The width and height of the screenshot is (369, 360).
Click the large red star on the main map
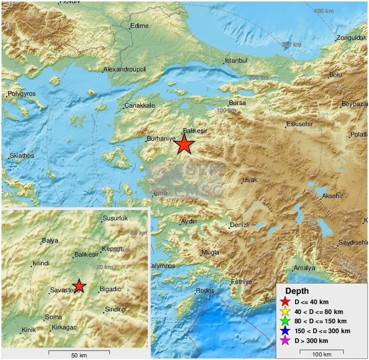pyautogui.click(x=185, y=145)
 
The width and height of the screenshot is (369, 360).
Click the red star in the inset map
pyautogui.click(x=79, y=286)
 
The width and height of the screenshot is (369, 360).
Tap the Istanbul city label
pyautogui.click(x=237, y=61)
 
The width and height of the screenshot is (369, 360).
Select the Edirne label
pyautogui.click(x=139, y=25)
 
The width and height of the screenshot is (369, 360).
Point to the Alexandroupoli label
pyautogui.click(x=125, y=69)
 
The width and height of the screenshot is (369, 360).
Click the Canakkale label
pyautogui.click(x=140, y=106)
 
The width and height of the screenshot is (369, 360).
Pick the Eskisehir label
pyautogui.click(x=300, y=124)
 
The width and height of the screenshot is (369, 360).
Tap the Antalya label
pyautogui.click(x=304, y=268)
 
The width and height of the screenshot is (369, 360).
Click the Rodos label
pyautogui.click(x=205, y=291)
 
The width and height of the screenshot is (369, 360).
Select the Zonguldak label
pyautogui.click(x=351, y=38)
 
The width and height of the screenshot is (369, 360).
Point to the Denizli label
pyautogui.click(x=240, y=225)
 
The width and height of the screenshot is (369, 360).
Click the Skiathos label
pyautogui.click(x=22, y=155)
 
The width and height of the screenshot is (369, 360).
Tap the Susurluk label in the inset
pyautogui.click(x=115, y=218)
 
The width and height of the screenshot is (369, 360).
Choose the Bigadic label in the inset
pyautogui.click(x=110, y=289)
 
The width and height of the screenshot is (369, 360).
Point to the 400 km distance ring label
pyautogui.click(x=325, y=11)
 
